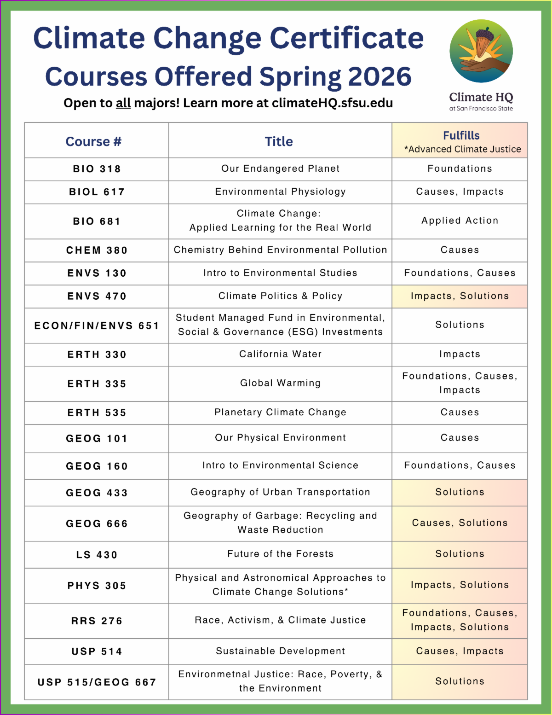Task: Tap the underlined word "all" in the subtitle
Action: (123, 103)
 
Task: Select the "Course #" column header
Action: (93, 141)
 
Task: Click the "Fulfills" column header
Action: (461, 135)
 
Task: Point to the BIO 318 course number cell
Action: (97, 169)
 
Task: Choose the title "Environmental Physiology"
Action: (280, 192)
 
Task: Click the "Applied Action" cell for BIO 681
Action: (460, 221)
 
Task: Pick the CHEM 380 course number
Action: (97, 250)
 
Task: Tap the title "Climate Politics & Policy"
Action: (280, 296)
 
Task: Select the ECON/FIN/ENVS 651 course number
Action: (97, 326)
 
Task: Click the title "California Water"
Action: (280, 354)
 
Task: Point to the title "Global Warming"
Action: (280, 383)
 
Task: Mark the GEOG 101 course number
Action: (97, 438)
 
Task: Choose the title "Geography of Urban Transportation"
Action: (280, 492)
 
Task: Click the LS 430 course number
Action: (97, 555)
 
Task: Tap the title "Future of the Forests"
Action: (280, 554)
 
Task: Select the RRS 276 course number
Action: (97, 621)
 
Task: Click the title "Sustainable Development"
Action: (280, 651)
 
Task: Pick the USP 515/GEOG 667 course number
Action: (97, 682)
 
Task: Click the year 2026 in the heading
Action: (379, 76)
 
